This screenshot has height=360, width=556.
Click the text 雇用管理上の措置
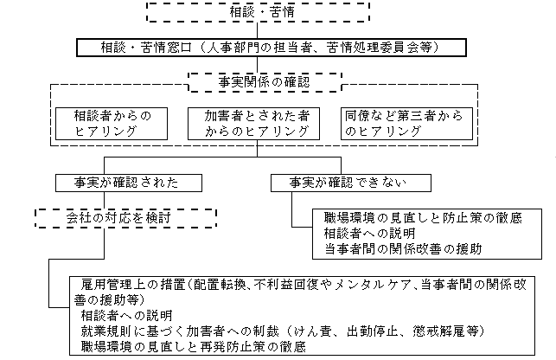coord(131,283)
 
